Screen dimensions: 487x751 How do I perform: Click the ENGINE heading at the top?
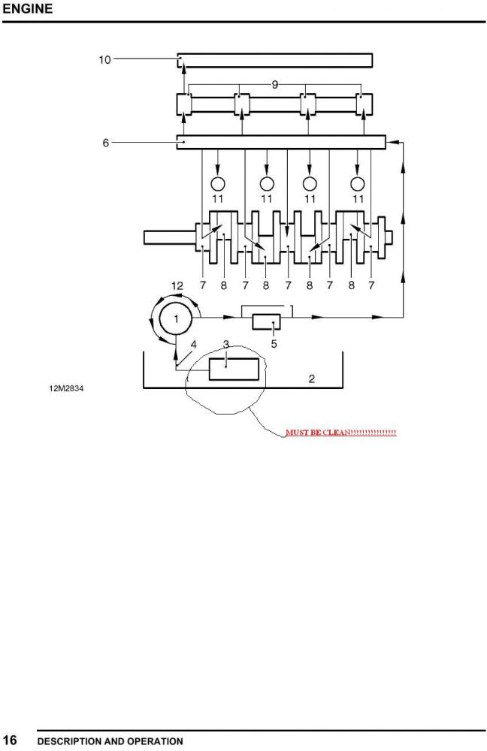point(27,8)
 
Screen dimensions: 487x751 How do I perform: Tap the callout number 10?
point(104,60)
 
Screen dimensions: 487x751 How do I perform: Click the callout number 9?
point(274,85)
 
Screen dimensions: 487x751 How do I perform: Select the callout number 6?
point(106,143)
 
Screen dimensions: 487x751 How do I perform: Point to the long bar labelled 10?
point(275,60)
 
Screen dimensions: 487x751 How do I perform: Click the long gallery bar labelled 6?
point(281,142)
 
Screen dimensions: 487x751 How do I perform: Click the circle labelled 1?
point(176,318)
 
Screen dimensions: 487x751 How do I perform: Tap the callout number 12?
point(177,286)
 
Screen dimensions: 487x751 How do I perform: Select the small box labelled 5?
point(267,322)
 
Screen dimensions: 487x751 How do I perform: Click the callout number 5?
point(274,344)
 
